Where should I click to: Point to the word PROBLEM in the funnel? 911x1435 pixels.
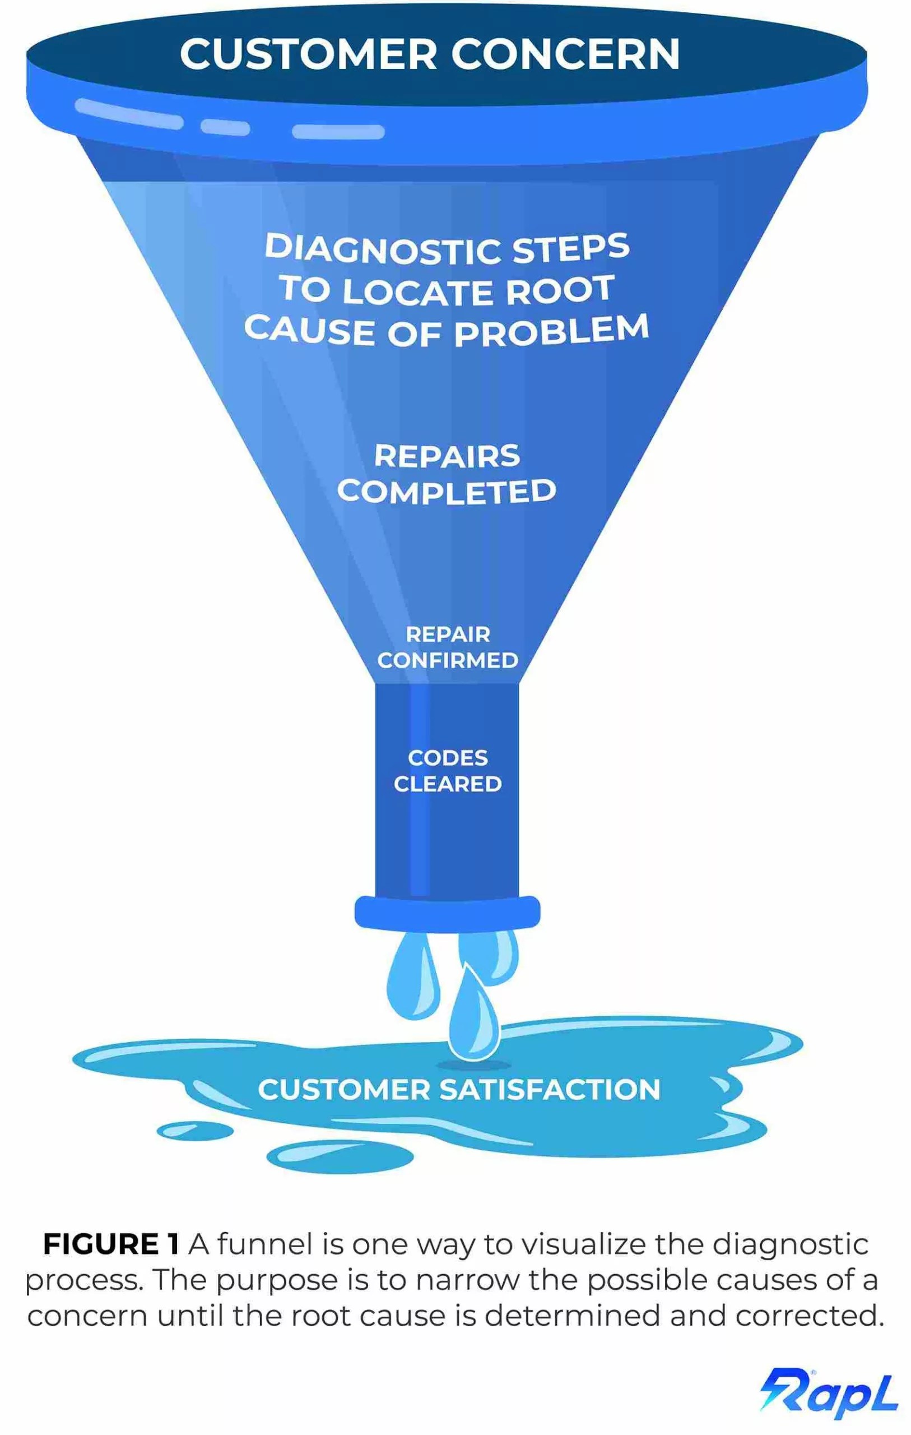coord(551,331)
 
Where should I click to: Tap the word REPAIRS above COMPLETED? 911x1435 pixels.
coord(447,456)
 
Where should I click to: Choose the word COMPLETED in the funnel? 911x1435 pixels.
coord(447,492)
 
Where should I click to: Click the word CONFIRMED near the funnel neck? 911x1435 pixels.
coord(448,660)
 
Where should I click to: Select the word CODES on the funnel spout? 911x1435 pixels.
coord(448,758)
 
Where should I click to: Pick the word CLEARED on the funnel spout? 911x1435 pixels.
coord(448,784)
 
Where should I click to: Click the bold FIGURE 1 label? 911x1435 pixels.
coord(111,1244)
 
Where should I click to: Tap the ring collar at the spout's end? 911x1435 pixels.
coord(447,913)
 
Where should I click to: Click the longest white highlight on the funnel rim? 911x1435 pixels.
coord(129,113)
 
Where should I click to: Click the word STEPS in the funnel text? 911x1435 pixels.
coord(570,248)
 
